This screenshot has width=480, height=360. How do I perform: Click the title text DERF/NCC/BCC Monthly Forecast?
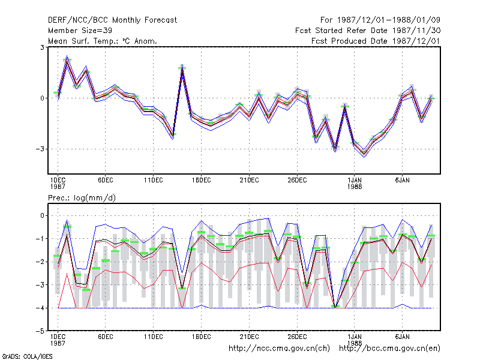[x=112, y=20]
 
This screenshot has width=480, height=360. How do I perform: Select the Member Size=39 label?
[x=80, y=31]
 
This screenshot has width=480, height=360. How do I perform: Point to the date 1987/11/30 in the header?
[x=416, y=31]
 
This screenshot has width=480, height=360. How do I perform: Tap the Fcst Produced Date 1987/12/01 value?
[x=376, y=41]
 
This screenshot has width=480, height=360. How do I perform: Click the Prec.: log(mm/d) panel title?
[x=82, y=198]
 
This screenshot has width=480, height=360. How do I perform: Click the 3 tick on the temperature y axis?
[x=42, y=47]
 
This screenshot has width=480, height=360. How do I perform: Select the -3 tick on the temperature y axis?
[x=40, y=149]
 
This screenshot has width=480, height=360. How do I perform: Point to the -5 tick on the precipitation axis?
[x=40, y=331]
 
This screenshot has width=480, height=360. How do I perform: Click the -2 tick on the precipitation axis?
[x=40, y=262]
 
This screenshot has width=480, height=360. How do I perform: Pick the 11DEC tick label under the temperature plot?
[x=154, y=181]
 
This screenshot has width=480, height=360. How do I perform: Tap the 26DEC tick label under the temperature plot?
[x=297, y=181]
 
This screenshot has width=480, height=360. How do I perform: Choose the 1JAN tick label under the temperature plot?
[x=355, y=181]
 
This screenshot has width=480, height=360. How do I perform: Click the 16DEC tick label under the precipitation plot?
[x=201, y=337]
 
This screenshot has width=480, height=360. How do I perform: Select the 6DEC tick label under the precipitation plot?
[x=106, y=337]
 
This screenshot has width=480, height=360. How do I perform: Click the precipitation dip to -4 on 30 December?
[x=335, y=307]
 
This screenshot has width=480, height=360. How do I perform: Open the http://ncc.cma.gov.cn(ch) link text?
[x=279, y=349]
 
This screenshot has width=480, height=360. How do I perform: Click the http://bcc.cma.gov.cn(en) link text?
[x=389, y=349]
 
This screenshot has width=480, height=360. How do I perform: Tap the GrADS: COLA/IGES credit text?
[x=27, y=356]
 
